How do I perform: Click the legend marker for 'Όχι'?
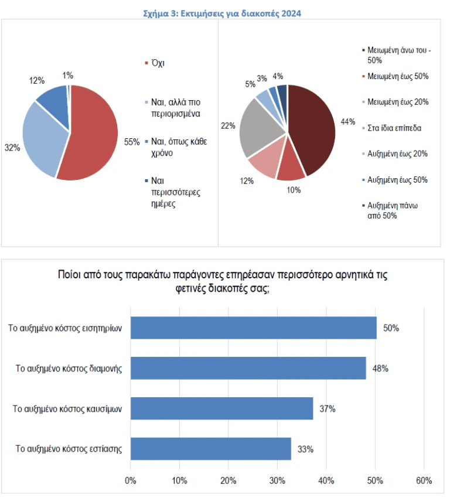(x=146, y=63)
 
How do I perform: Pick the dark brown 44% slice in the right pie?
(x=311, y=126)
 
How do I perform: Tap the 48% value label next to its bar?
(x=380, y=369)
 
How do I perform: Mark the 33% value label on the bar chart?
(x=305, y=449)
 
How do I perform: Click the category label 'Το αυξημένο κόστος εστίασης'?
(x=69, y=449)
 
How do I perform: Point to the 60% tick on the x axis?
(x=424, y=480)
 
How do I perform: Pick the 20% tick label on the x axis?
(x=229, y=480)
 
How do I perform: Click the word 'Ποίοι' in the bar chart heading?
(x=70, y=274)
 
